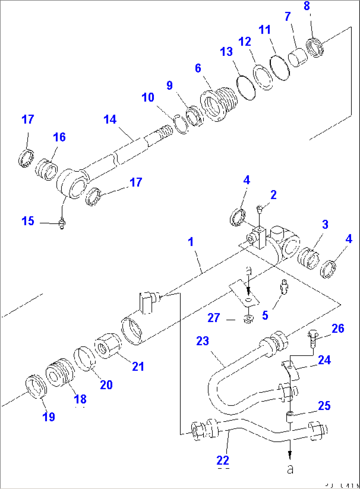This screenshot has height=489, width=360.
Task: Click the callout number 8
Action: pos(307,6)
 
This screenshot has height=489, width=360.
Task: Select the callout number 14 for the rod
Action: pos(110,120)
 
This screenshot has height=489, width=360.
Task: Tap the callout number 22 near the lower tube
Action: pos(223,460)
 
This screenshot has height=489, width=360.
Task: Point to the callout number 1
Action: pos(191,242)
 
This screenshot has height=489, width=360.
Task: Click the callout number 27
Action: pos(214,318)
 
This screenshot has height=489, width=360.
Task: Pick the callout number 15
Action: pos(28,221)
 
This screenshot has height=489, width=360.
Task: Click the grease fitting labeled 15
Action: pos(62,224)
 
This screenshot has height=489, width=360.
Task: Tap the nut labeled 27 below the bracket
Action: pos(248,319)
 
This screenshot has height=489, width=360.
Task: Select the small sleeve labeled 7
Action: pos(298,58)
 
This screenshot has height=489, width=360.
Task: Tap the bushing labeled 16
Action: pos(47,169)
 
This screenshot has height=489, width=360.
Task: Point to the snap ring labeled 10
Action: pos(180,124)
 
